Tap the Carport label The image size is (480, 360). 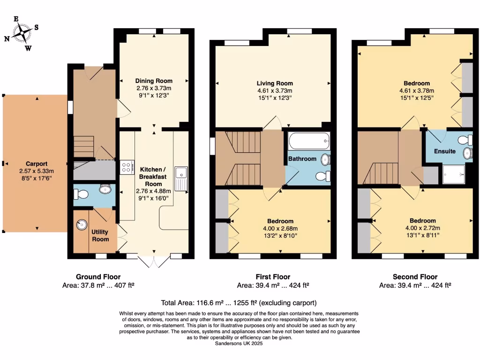click(x=36, y=164)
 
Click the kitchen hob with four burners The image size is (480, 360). click(x=127, y=167)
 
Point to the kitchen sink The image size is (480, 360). click(x=181, y=179)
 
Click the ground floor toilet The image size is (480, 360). click(x=83, y=194)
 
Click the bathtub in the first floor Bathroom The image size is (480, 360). click(x=309, y=141)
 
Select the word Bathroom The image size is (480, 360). click(x=302, y=159)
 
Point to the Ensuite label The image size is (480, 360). click(x=444, y=151)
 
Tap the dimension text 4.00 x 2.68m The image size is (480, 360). click(x=281, y=229)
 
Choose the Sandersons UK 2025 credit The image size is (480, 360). click(x=239, y=344)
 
